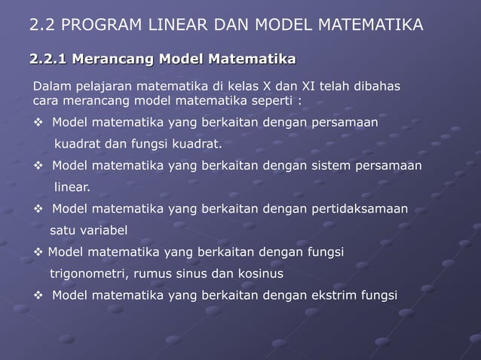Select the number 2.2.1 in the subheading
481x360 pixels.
coord(47,59)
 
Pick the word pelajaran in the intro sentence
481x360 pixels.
coord(103,87)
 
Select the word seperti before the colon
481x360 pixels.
coord(257,102)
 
